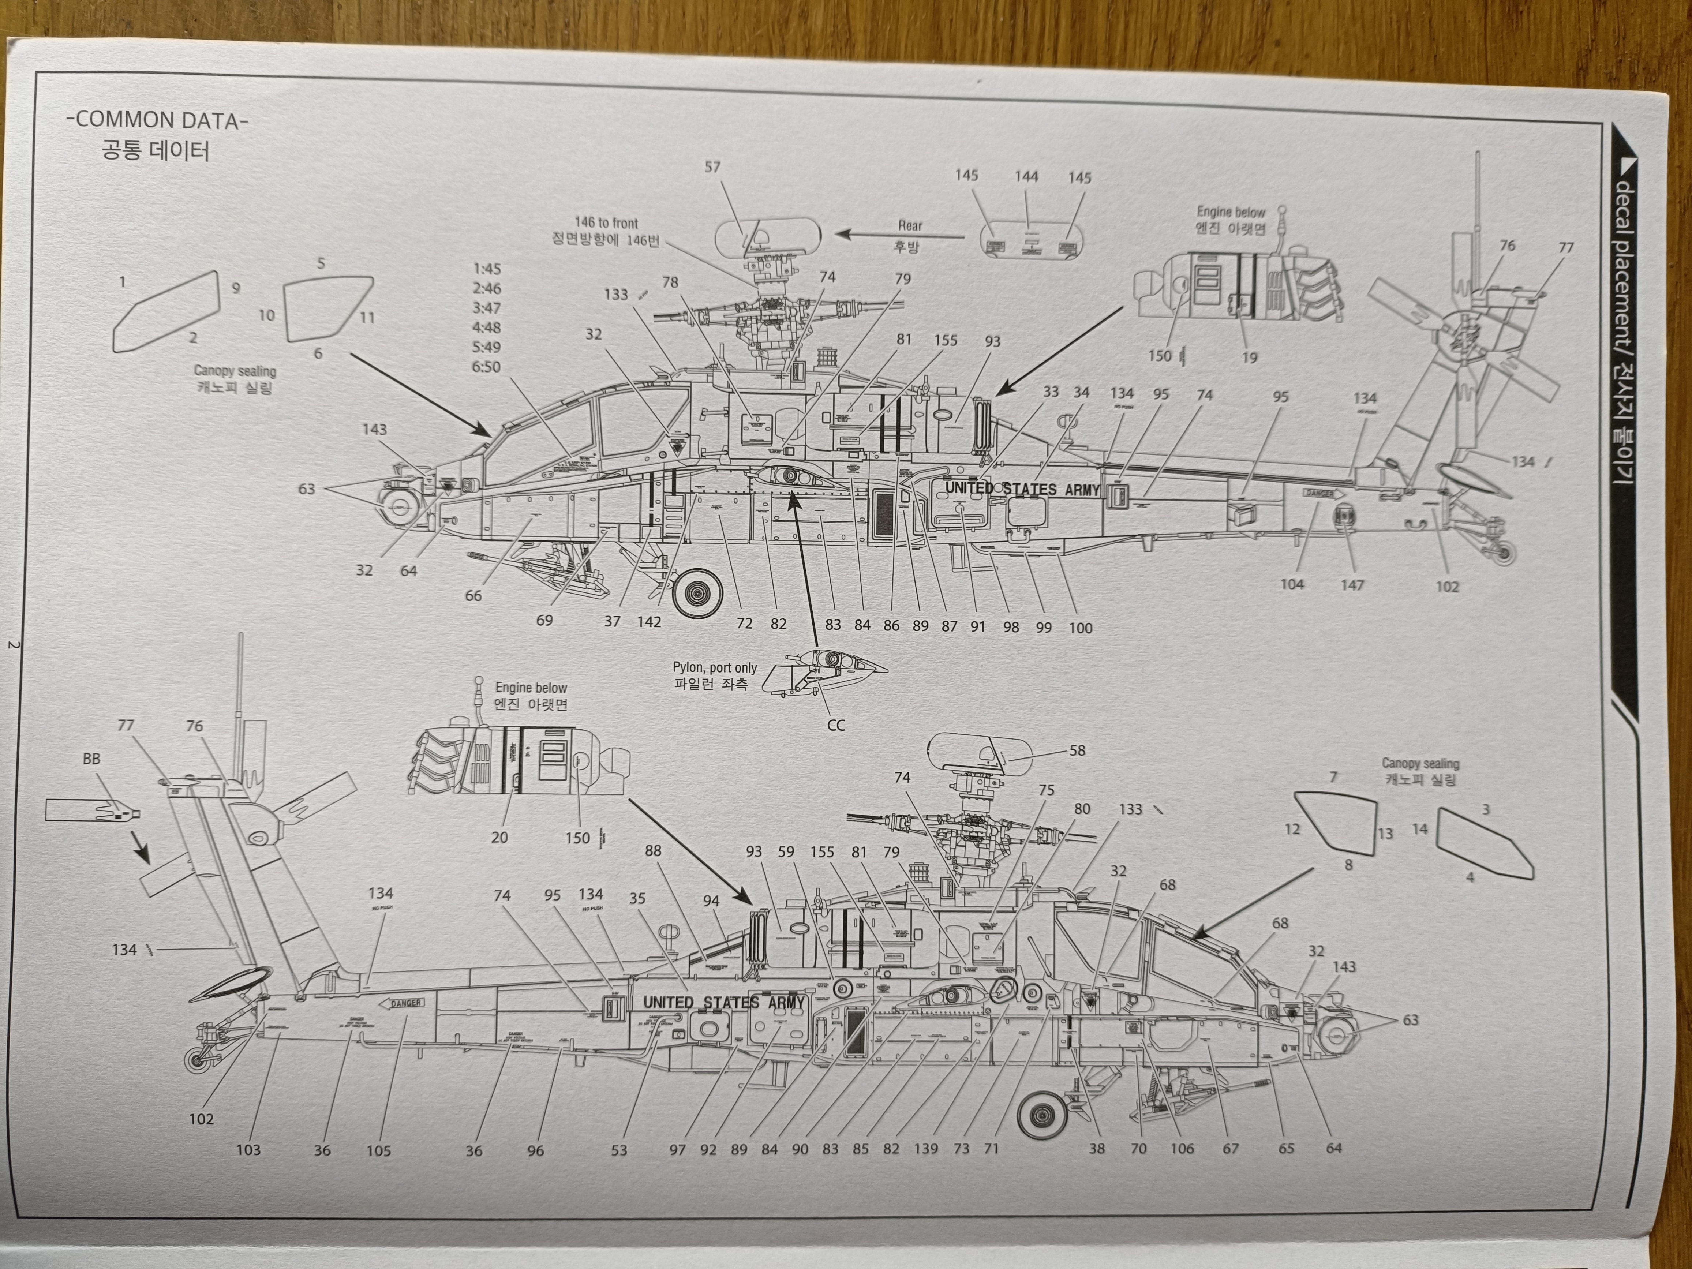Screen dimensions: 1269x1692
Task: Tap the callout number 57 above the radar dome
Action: pyautogui.click(x=712, y=167)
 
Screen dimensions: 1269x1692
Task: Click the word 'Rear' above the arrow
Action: pyautogui.click(x=910, y=226)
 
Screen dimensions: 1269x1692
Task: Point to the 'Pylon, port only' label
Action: pyautogui.click(x=714, y=668)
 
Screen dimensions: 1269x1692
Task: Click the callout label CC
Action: pyautogui.click(x=836, y=725)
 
